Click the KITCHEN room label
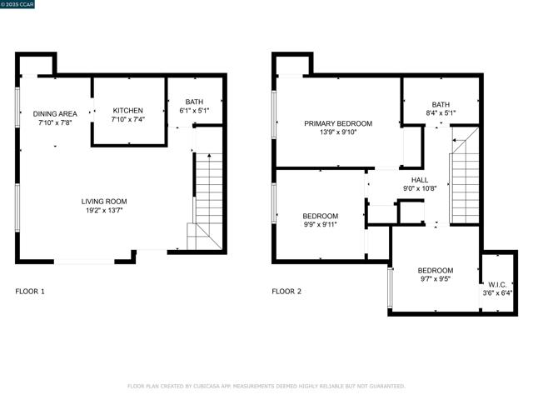[128, 111]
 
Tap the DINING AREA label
[55, 113]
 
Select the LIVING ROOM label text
[104, 202]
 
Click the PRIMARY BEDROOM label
[337, 123]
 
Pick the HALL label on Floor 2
[420, 179]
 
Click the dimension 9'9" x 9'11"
[320, 225]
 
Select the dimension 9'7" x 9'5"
[435, 280]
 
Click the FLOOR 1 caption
[31, 292]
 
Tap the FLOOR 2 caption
[286, 292]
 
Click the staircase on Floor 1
[208, 200]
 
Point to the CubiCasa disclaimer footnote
[266, 386]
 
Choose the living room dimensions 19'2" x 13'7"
[104, 211]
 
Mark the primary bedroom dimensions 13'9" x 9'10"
[337, 132]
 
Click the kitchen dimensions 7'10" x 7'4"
[128, 120]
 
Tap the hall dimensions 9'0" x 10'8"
[420, 188]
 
